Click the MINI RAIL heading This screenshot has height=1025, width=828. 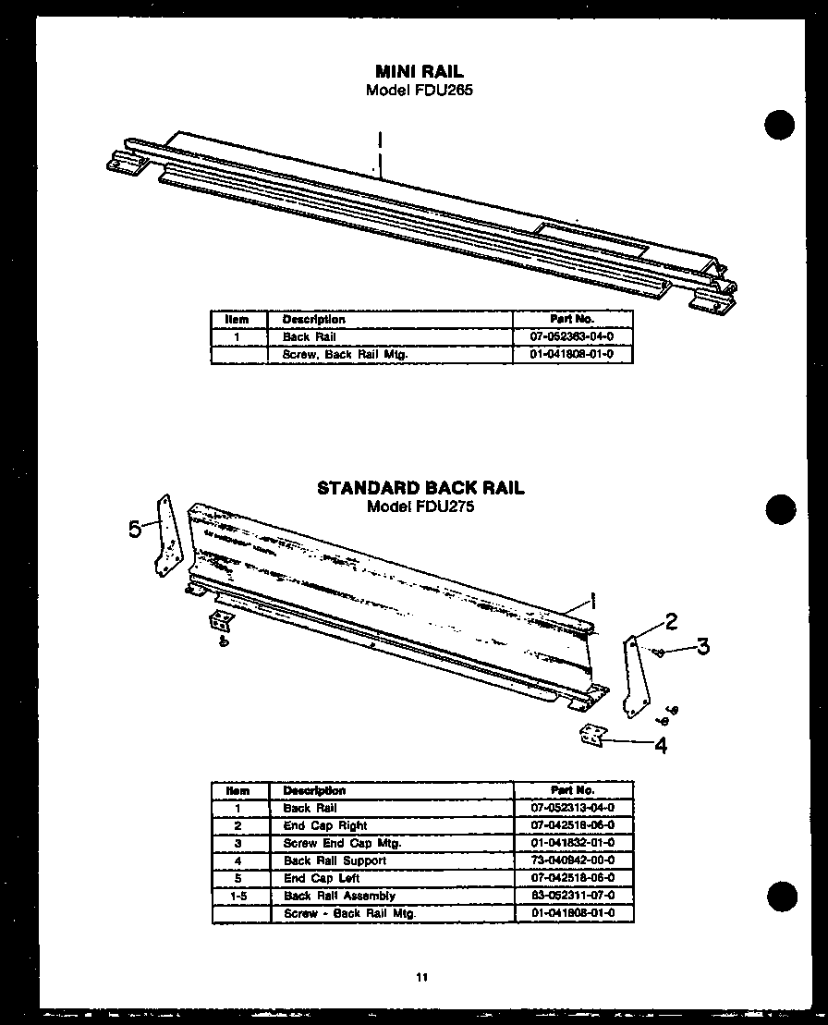tap(420, 71)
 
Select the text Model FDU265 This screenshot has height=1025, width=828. tap(420, 90)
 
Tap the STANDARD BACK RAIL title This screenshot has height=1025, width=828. tap(420, 488)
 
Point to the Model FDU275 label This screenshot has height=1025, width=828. tap(420, 506)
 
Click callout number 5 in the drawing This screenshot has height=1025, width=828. tap(136, 529)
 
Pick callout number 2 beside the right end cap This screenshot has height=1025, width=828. tap(672, 621)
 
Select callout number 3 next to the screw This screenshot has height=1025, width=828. tap(702, 646)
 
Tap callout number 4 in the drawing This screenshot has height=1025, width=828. tap(661, 745)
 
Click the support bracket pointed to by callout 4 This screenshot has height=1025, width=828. tap(591, 735)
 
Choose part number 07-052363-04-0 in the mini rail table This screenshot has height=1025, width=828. tap(572, 337)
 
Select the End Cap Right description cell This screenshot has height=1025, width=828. tap(325, 825)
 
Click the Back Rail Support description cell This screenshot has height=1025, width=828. tap(335, 860)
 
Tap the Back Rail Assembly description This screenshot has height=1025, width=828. tap(339, 896)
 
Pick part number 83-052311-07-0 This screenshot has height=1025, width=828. tap(573, 896)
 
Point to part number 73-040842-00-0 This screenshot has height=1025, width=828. tap(573, 860)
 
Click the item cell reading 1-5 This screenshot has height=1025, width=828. tap(238, 896)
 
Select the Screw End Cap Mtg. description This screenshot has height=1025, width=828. tap(342, 843)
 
